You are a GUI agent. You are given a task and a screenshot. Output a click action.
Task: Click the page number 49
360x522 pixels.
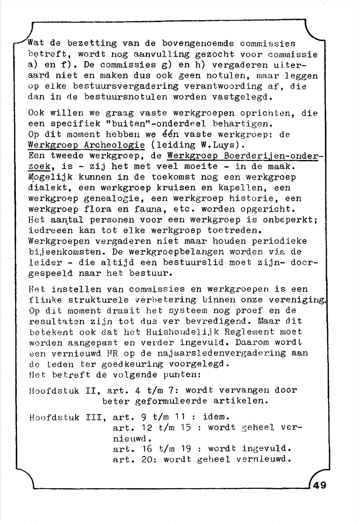click(x=320, y=485)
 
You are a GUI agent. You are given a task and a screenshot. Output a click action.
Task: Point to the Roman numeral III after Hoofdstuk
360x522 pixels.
click(x=94, y=417)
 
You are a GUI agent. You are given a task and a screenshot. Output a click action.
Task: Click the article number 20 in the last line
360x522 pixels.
click(x=148, y=460)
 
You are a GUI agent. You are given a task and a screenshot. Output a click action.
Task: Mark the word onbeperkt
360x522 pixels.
click(x=289, y=220)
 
